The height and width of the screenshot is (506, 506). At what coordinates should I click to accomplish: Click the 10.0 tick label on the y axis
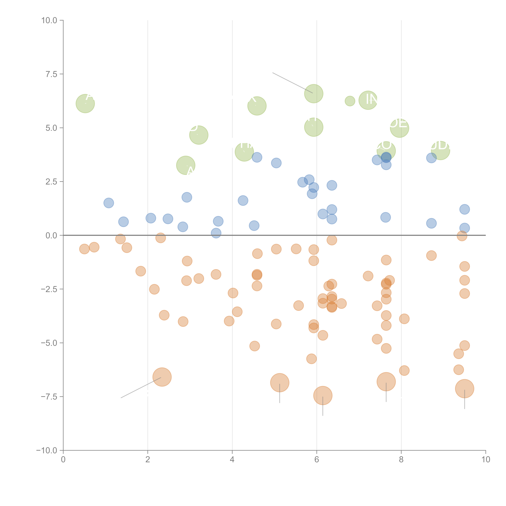coord(49,20)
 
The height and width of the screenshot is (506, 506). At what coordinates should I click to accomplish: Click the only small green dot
coord(350,101)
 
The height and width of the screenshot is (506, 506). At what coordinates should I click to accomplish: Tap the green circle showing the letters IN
coord(368,100)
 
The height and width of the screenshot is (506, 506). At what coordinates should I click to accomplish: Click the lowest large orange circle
coord(323,395)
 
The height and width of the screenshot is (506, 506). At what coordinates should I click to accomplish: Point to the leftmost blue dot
coord(109,203)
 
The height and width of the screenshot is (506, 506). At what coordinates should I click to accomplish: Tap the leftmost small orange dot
coord(84,249)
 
